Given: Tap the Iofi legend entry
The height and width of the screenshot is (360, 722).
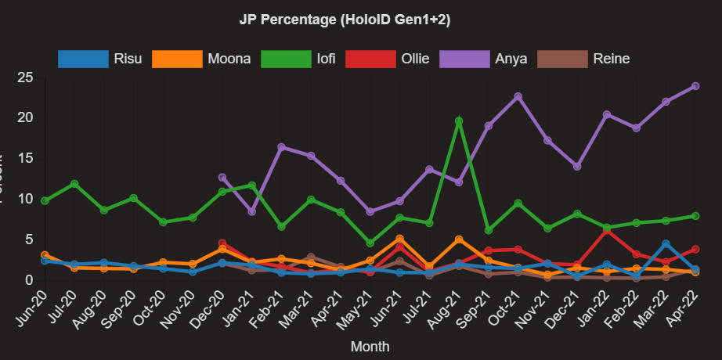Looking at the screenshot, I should click(294, 59).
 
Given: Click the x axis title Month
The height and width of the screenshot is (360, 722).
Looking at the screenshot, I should click(370, 345).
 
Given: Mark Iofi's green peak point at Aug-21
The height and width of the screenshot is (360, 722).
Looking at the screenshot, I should click(459, 121).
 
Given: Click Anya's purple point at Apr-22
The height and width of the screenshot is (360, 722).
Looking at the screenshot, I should click(695, 86).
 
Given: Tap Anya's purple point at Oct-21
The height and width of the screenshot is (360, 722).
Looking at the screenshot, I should click(518, 96).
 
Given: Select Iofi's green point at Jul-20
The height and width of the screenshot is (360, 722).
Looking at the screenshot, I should click(74, 184).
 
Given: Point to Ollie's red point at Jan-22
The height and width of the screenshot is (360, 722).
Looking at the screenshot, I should click(607, 230).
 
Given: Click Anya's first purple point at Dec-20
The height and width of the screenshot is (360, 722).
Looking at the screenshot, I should click(222, 178).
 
